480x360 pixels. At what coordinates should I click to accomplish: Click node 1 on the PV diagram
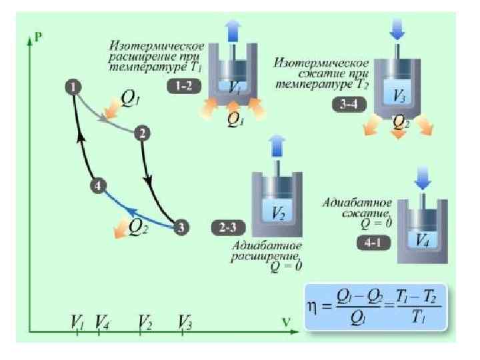[73, 87]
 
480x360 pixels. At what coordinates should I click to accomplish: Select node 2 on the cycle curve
[141, 133]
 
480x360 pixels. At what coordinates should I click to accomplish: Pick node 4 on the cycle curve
[98, 187]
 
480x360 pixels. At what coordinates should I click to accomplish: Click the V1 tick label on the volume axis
[78, 321]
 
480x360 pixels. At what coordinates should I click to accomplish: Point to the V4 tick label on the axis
[103, 321]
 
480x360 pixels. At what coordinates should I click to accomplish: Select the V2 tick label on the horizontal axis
[145, 321]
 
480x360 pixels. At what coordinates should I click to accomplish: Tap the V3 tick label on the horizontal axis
[186, 321]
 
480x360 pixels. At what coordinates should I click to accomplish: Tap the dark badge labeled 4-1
[373, 243]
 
